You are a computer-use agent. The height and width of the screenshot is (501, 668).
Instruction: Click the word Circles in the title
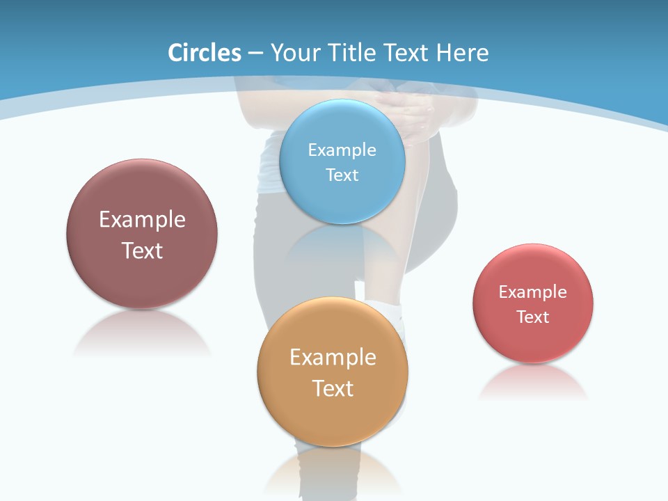[x=205, y=53]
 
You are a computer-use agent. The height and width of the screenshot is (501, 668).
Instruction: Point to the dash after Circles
[x=255, y=54]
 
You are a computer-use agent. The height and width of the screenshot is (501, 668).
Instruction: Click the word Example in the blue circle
[x=342, y=150]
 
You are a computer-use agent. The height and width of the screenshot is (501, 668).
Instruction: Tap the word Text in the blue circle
[x=342, y=175]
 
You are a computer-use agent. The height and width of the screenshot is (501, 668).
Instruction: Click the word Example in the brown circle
[x=142, y=219]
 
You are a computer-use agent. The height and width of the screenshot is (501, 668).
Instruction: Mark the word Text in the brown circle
[x=142, y=250]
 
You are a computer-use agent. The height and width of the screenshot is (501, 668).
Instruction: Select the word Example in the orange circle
[x=332, y=357]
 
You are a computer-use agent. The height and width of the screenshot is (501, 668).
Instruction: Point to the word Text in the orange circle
[x=332, y=388]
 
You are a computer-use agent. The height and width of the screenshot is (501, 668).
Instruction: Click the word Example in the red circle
[x=532, y=292]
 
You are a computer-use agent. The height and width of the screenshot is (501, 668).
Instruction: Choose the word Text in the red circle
[x=532, y=317]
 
